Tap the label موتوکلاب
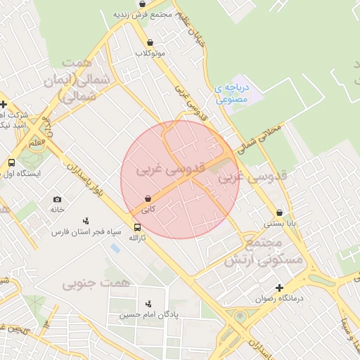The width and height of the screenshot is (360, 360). pyautogui.click(x=150, y=53)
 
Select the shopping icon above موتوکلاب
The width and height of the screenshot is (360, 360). pyautogui.click(x=150, y=42)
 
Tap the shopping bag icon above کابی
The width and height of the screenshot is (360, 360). pyautogui.click(x=148, y=199)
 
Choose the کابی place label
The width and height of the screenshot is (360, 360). pyautogui.click(x=148, y=210)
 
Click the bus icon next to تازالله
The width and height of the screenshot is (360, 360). pyautogui.click(x=137, y=228)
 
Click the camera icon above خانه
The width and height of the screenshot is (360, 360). pyautogui.click(x=57, y=199)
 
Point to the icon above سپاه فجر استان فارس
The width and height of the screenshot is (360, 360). pyautogui.click(x=86, y=220)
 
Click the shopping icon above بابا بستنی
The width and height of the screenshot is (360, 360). pyautogui.click(x=280, y=212)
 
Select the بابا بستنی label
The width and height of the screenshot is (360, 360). pyautogui.click(x=278, y=223)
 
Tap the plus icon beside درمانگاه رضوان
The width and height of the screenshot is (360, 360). pyautogui.click(x=280, y=288)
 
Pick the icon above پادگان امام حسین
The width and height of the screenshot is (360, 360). pyautogui.click(x=148, y=304)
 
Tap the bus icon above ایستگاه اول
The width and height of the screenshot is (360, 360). pyautogui.click(x=11, y=163)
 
